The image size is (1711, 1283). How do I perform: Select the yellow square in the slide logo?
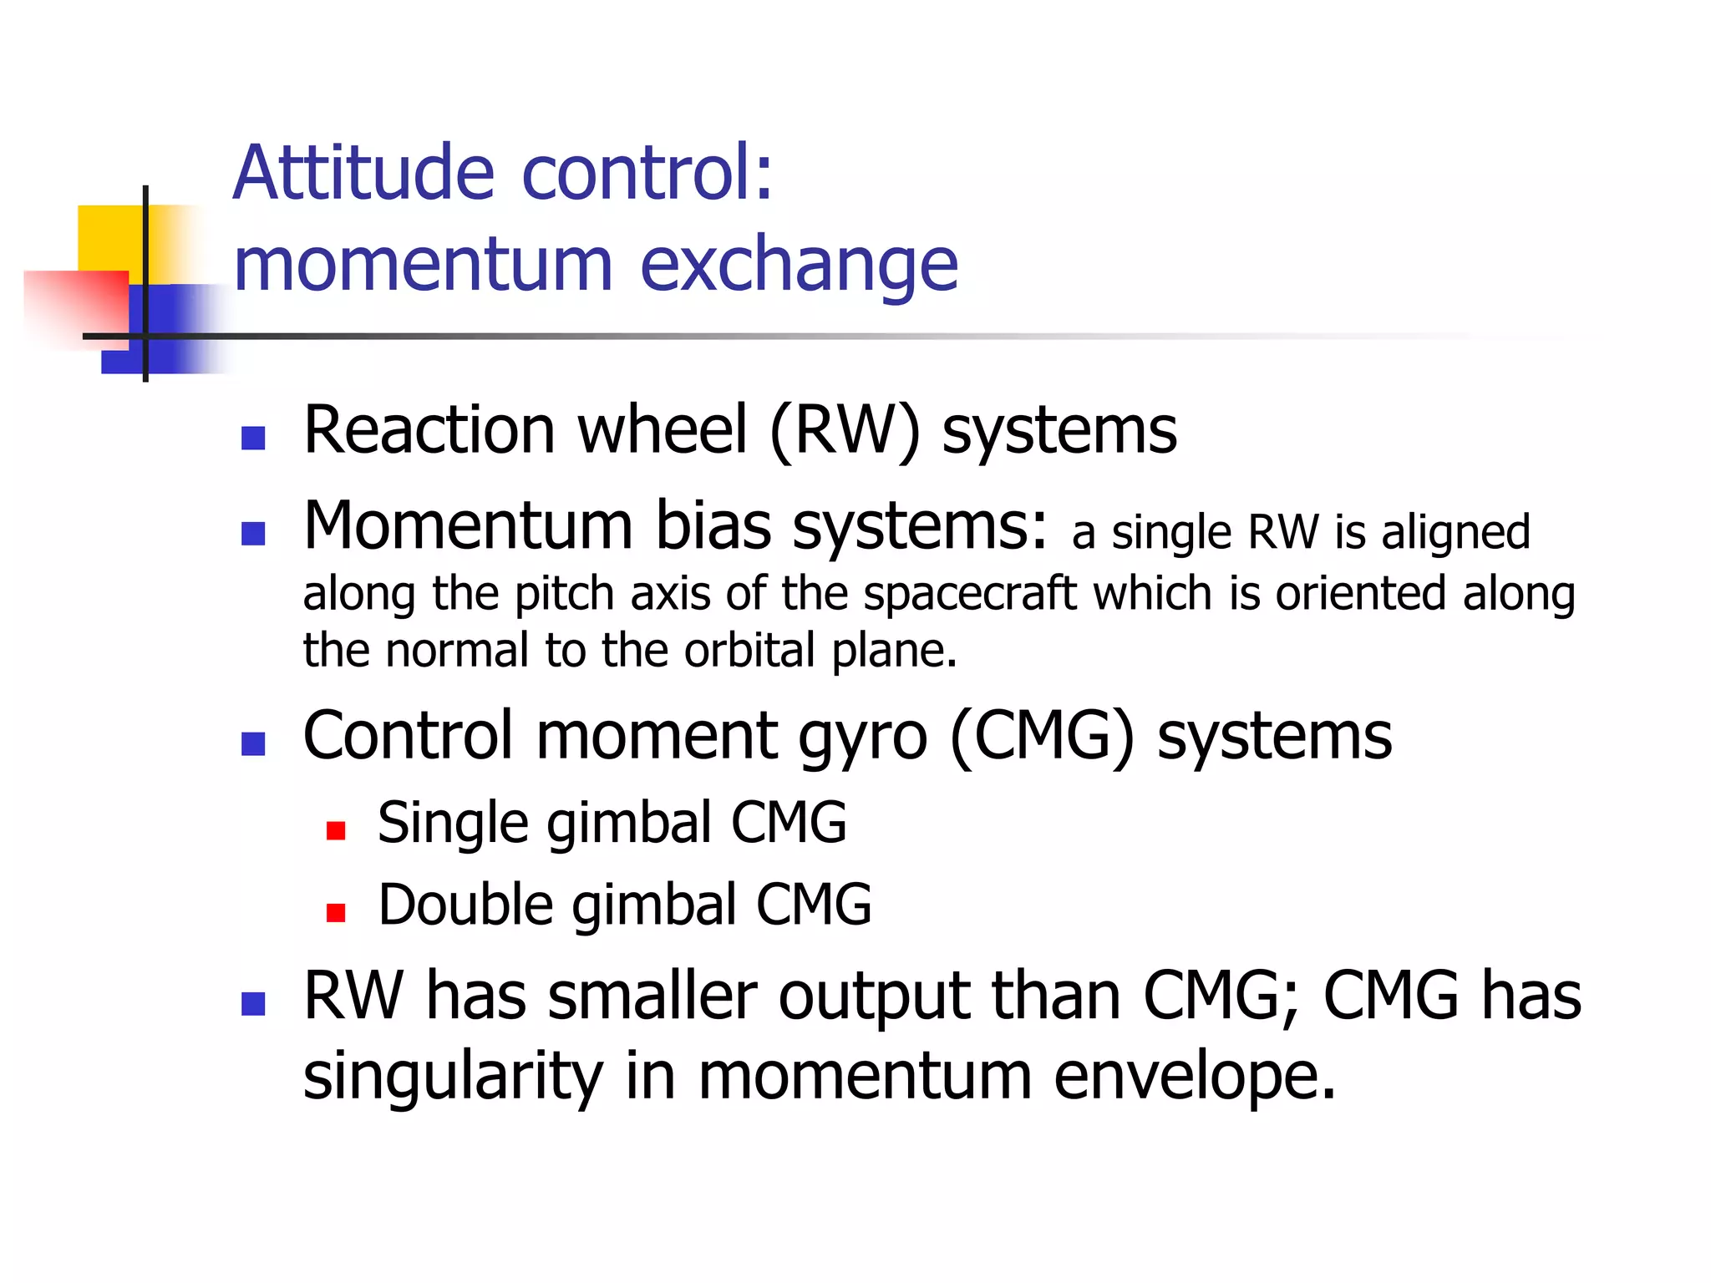109,237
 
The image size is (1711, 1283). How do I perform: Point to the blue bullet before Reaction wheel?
252,438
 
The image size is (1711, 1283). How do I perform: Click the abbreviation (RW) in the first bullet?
844,431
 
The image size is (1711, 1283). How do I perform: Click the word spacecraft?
970,594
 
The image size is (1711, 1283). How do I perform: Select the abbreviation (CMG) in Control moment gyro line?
1043,737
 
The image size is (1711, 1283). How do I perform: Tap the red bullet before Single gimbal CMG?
336,830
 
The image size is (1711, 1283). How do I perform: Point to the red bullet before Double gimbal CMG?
336,912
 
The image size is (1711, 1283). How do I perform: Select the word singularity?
452,1078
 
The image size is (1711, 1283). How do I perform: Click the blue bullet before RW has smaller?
252,1003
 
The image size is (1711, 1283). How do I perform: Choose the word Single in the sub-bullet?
451,824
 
